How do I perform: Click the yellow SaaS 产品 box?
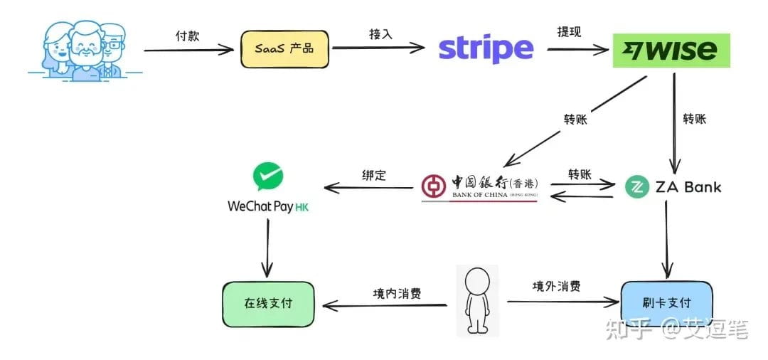pyautogui.click(x=284, y=49)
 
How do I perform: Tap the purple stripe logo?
pyautogui.click(x=486, y=49)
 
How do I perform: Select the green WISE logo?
pyautogui.click(x=671, y=51)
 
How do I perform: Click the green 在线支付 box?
pyautogui.click(x=268, y=304)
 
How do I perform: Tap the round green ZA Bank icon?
pyautogui.click(x=637, y=186)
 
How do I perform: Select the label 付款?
pyautogui.click(x=188, y=36)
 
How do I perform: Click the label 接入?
pyautogui.click(x=381, y=34)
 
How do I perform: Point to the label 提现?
pyautogui.click(x=569, y=32)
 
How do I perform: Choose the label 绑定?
pyautogui.click(x=374, y=175)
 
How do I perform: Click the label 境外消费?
pyautogui.click(x=556, y=286)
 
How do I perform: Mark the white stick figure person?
pyautogui.click(x=477, y=301)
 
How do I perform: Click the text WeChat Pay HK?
pyautogui.click(x=268, y=207)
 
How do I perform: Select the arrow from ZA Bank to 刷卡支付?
pyautogui.click(x=666, y=239)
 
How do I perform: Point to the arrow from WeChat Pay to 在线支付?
pyautogui.click(x=267, y=248)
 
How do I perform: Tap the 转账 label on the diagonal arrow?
pyautogui.click(x=575, y=120)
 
